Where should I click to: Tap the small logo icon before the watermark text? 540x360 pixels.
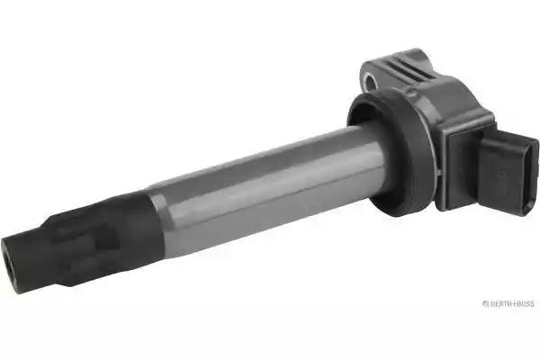click(485, 303)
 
